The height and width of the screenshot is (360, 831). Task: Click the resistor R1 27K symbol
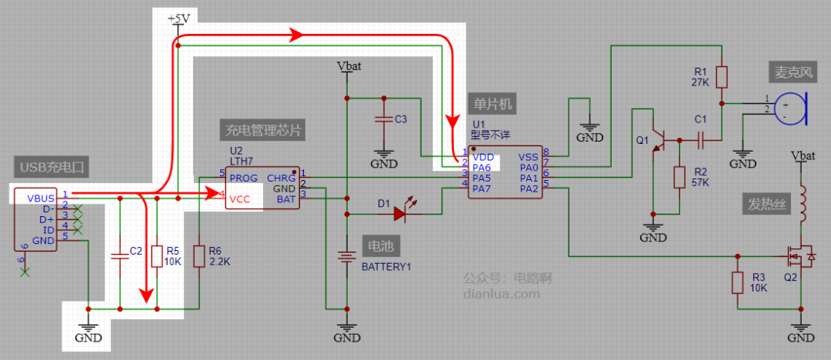[722, 77]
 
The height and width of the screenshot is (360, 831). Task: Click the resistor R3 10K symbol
[737, 282]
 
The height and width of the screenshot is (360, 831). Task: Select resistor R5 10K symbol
[157, 255]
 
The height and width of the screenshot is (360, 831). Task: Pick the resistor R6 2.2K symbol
[199, 255]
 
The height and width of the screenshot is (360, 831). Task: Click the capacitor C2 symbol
[120, 255]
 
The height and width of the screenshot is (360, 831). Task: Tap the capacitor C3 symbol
[382, 120]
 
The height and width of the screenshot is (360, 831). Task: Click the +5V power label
[179, 18]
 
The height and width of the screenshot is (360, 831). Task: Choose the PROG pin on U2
[244, 177]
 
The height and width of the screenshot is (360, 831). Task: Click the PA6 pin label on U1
[482, 167]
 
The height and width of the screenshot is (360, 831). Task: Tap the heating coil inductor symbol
[803, 202]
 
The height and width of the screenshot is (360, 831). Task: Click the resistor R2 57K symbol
[679, 177]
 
